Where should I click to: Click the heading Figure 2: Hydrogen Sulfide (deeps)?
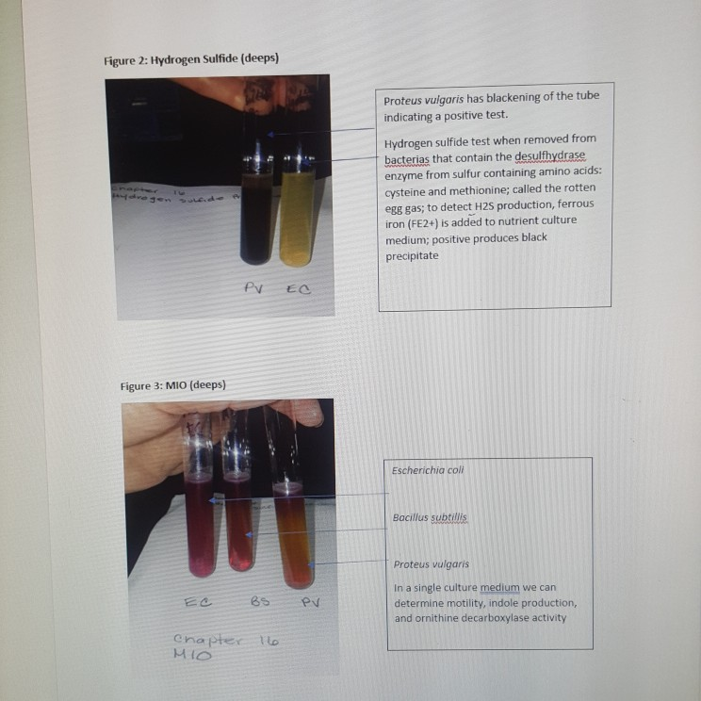coord(191,59)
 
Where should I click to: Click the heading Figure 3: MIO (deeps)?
coord(173,385)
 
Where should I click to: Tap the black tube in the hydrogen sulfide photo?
coord(255,212)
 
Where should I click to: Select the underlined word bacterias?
coord(407,155)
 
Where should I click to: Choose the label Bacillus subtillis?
coord(430,517)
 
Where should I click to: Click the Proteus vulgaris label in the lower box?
coord(432,564)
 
